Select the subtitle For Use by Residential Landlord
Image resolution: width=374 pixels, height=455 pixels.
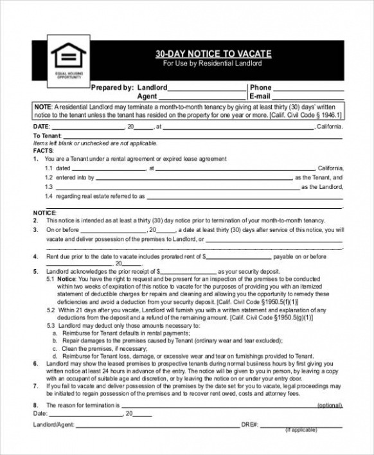(x=213, y=64)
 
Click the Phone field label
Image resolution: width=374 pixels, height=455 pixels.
(x=260, y=87)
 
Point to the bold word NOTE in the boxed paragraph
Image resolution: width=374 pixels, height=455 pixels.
(x=42, y=106)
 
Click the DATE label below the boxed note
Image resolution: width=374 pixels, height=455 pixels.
(x=40, y=127)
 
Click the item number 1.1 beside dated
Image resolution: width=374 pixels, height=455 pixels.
(x=49, y=168)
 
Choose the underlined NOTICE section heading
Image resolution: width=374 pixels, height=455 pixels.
(x=44, y=211)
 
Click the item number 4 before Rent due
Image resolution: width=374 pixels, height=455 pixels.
(x=35, y=256)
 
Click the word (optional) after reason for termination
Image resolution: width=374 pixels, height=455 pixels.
(x=330, y=406)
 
